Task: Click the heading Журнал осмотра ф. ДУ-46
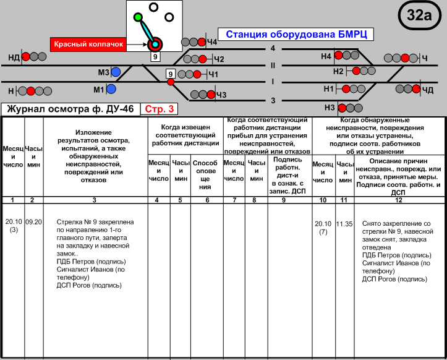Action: (70, 109)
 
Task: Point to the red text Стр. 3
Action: (160, 109)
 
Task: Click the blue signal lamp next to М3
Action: (116, 73)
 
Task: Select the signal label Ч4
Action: (212, 42)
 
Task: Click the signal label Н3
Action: (329, 107)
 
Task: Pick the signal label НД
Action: (14, 58)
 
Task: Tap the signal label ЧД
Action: (428, 90)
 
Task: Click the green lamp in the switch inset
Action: (138, 17)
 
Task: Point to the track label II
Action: (272, 64)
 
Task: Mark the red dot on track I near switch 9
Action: (171, 82)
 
